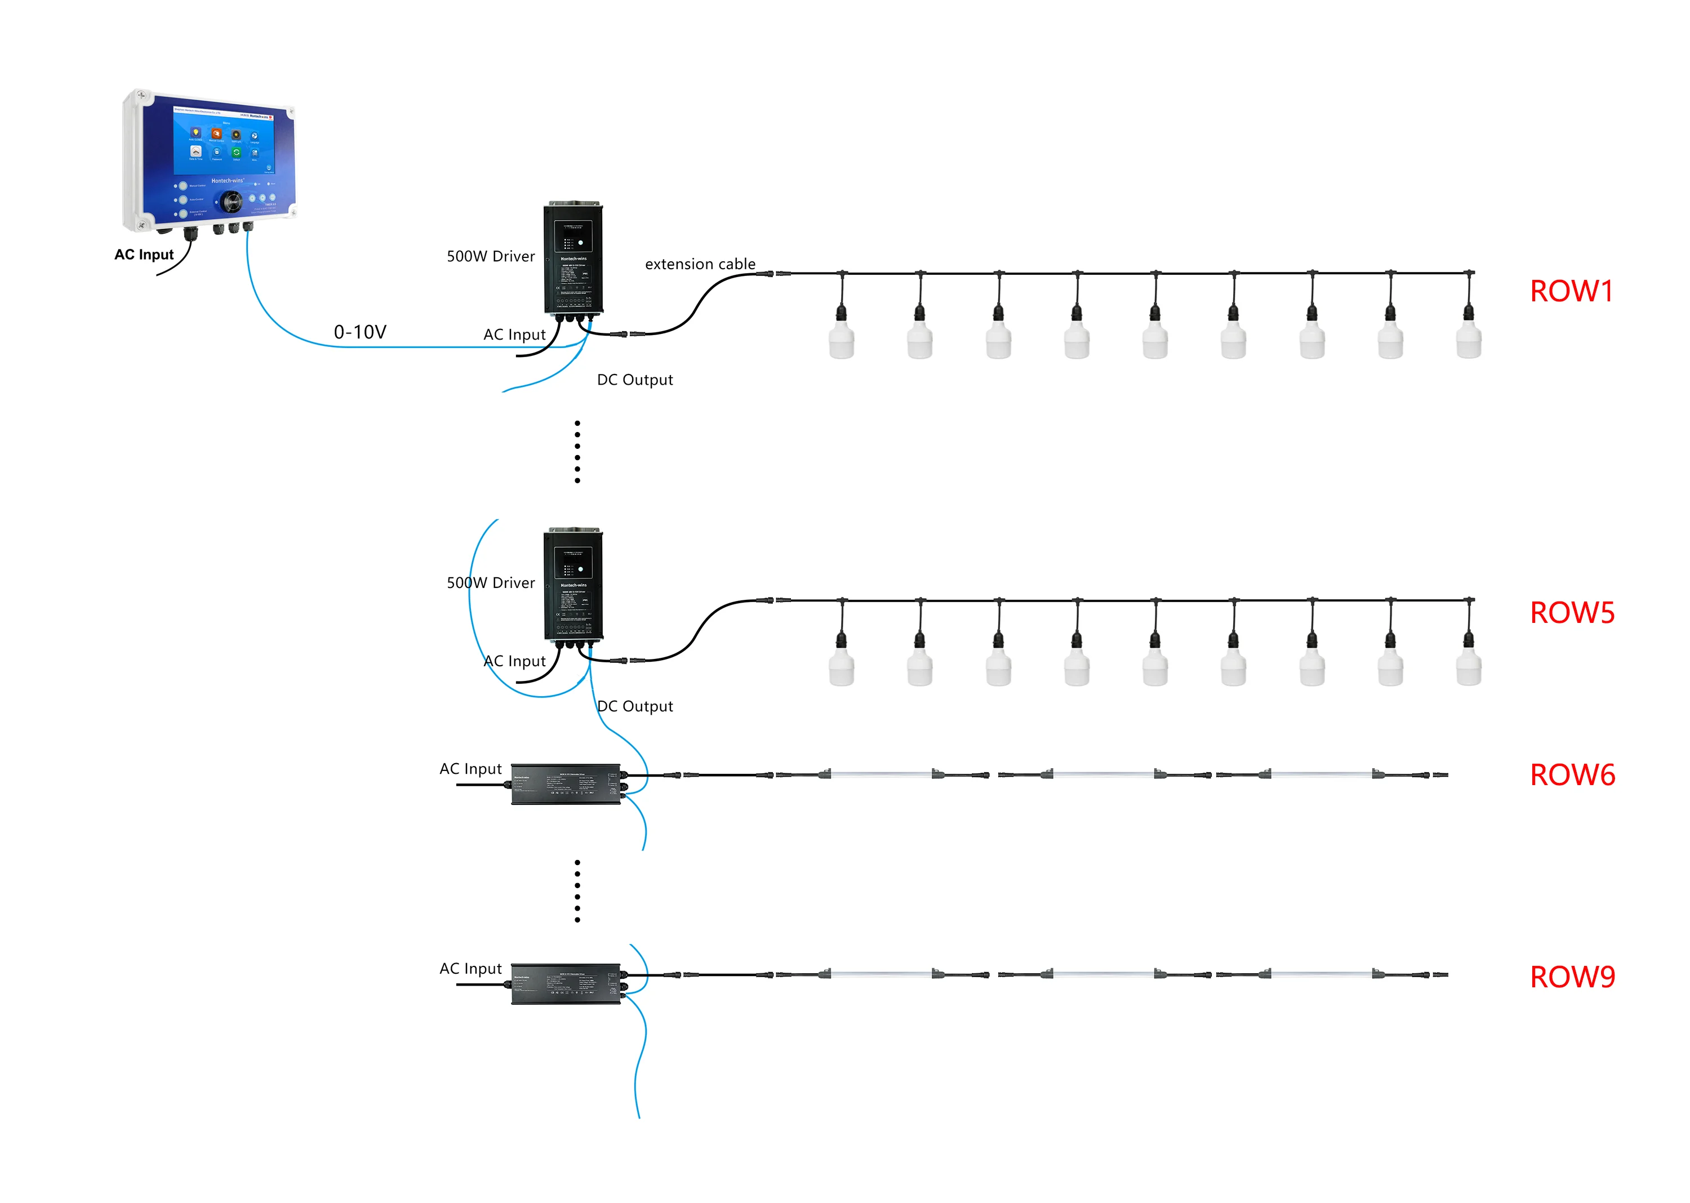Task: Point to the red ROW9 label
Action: (1572, 977)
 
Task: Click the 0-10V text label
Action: (360, 331)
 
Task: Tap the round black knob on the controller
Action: (230, 200)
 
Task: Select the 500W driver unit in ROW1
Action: (573, 259)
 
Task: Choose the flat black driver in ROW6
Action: (566, 784)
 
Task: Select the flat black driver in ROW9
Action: (566, 984)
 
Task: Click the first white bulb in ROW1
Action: (841, 338)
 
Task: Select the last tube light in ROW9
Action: (1320, 974)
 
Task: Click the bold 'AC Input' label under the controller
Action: (144, 254)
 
